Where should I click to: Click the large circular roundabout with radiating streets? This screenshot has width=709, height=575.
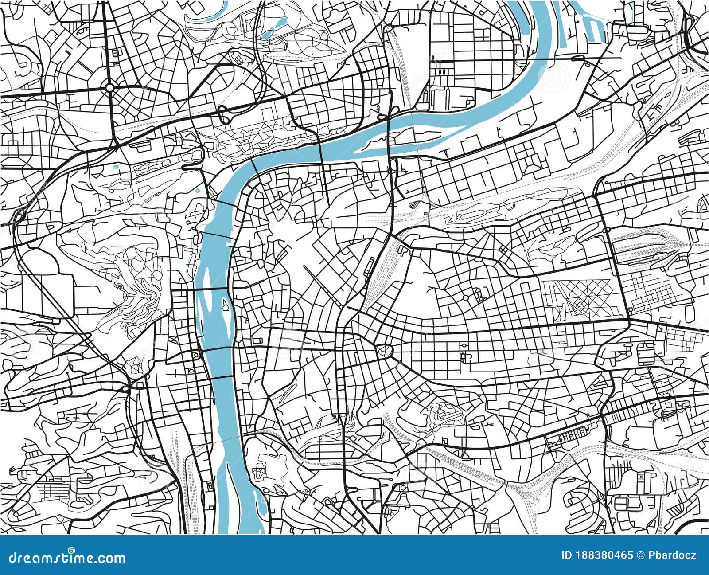[109, 88]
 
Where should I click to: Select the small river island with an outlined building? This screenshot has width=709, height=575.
[225, 306]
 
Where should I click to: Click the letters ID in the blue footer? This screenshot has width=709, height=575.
[566, 555]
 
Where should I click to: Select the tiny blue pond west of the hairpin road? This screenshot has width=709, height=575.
[116, 167]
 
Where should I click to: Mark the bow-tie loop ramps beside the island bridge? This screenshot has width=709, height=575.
[386, 114]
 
